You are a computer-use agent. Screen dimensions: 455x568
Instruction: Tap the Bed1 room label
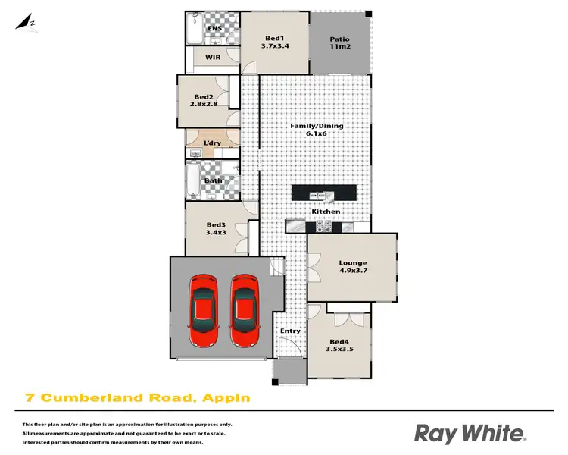274,43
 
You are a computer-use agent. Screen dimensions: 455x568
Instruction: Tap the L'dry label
213,143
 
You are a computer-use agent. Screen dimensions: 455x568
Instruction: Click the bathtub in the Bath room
193,180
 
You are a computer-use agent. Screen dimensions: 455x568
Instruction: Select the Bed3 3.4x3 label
216,229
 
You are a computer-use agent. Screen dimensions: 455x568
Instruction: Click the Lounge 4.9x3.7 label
351,268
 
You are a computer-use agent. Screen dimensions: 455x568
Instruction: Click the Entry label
290,331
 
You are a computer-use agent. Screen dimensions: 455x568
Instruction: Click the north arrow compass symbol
29,21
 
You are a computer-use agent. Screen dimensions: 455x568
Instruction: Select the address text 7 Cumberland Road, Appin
137,397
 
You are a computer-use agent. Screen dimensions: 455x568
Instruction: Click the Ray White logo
470,434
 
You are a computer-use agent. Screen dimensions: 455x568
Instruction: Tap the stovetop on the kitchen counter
323,225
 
